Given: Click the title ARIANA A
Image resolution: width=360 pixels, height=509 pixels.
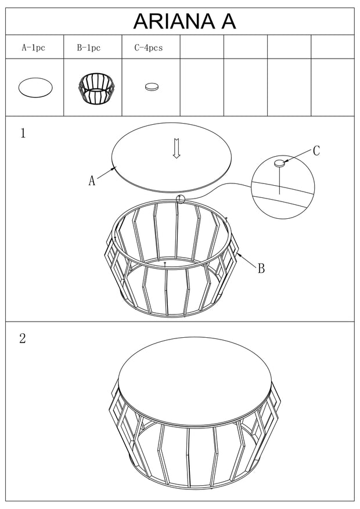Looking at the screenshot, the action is click(x=185, y=21).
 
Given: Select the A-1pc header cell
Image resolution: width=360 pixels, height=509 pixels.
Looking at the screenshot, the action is click(x=34, y=48).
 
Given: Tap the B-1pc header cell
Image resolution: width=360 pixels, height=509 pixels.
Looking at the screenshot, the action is click(x=89, y=48).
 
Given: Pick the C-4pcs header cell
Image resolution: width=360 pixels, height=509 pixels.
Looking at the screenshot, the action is click(x=148, y=48).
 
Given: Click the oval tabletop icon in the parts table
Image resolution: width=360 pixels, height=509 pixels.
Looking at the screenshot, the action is click(x=35, y=87).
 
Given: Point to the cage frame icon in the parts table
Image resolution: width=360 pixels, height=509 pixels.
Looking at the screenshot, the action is click(x=96, y=88).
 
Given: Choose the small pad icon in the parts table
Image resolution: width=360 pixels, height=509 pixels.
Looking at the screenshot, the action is click(x=152, y=87).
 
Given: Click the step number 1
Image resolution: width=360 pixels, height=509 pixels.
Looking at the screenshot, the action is click(x=23, y=133).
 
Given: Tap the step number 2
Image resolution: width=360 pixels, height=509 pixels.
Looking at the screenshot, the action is click(x=23, y=338).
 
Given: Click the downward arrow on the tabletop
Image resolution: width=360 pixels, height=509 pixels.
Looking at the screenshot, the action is click(x=177, y=149).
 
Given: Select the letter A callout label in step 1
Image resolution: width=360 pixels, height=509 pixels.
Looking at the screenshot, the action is click(x=92, y=180).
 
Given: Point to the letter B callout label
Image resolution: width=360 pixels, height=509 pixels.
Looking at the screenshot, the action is click(x=261, y=269).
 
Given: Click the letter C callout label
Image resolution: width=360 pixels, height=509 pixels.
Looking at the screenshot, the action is click(x=316, y=151).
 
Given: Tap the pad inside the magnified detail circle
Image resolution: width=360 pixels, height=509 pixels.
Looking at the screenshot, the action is click(x=279, y=163).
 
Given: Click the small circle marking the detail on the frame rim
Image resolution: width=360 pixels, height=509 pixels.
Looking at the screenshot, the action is click(x=180, y=199).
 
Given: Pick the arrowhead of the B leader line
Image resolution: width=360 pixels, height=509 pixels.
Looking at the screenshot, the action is click(x=239, y=255).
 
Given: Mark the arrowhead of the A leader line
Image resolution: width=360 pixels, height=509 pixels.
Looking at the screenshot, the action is click(x=114, y=168).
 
